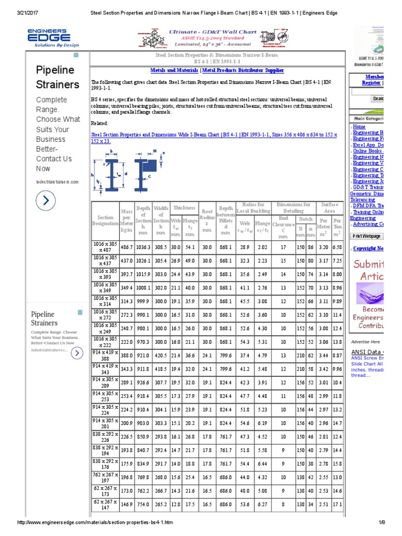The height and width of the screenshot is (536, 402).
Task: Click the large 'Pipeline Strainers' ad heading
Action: [x=58, y=77]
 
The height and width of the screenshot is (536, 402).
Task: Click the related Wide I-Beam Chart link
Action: [x=214, y=138]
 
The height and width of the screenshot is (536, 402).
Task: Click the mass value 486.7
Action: [x=127, y=247]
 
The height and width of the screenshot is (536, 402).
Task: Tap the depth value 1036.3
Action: [x=143, y=247]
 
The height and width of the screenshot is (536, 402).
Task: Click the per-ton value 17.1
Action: [x=338, y=505]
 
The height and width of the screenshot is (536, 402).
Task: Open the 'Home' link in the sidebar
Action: [x=360, y=126]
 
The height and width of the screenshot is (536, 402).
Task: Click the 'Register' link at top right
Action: [x=371, y=83]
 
